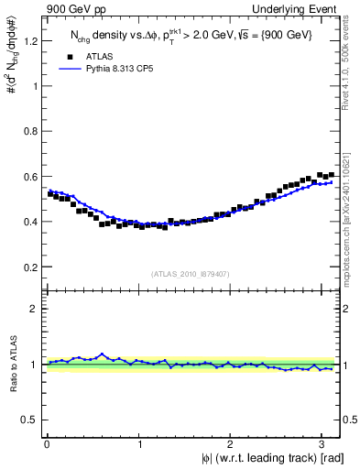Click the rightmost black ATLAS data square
tap(331, 174)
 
